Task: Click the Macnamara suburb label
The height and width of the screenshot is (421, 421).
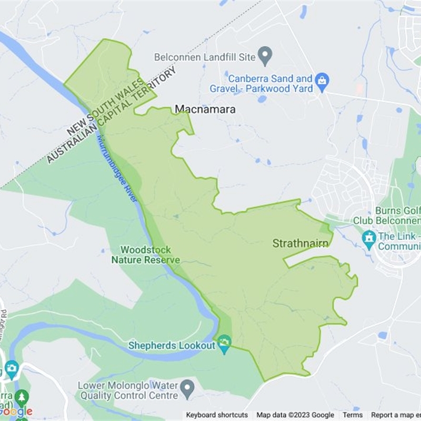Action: [205, 109]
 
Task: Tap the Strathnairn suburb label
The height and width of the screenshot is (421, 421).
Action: [300, 243]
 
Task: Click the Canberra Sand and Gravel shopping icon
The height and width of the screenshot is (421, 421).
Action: [322, 81]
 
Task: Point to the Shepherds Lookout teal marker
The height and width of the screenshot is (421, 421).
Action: [225, 345]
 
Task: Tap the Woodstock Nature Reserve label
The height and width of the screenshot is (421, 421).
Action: [145, 255]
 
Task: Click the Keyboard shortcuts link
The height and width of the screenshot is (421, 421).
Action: [217, 415]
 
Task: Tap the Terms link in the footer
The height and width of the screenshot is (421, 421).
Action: [353, 415]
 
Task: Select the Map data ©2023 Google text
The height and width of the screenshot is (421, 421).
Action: [295, 415]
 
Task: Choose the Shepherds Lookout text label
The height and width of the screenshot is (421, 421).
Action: [172, 345]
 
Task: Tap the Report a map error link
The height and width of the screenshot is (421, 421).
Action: [395, 415]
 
